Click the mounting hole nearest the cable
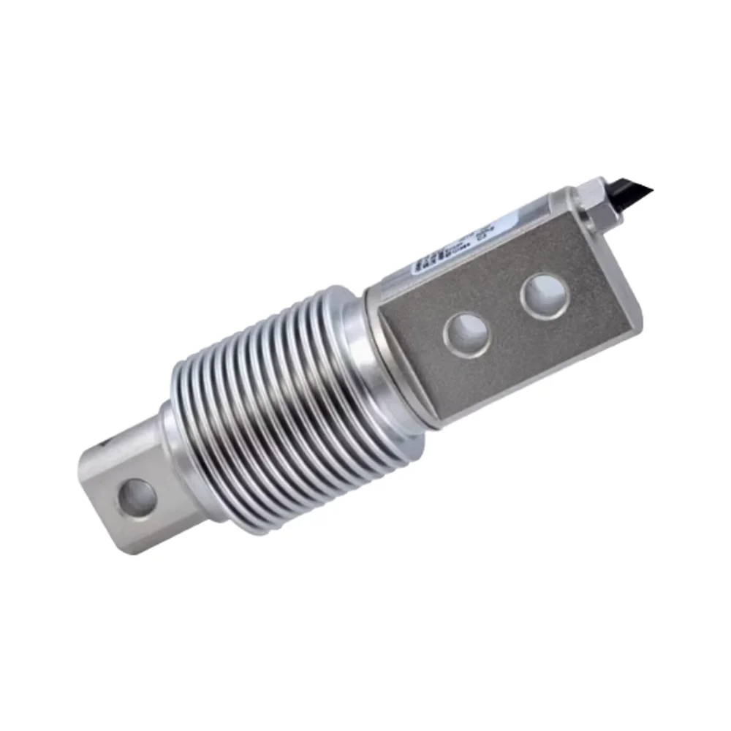[x=545, y=295]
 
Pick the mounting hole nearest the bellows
[x=467, y=335]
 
